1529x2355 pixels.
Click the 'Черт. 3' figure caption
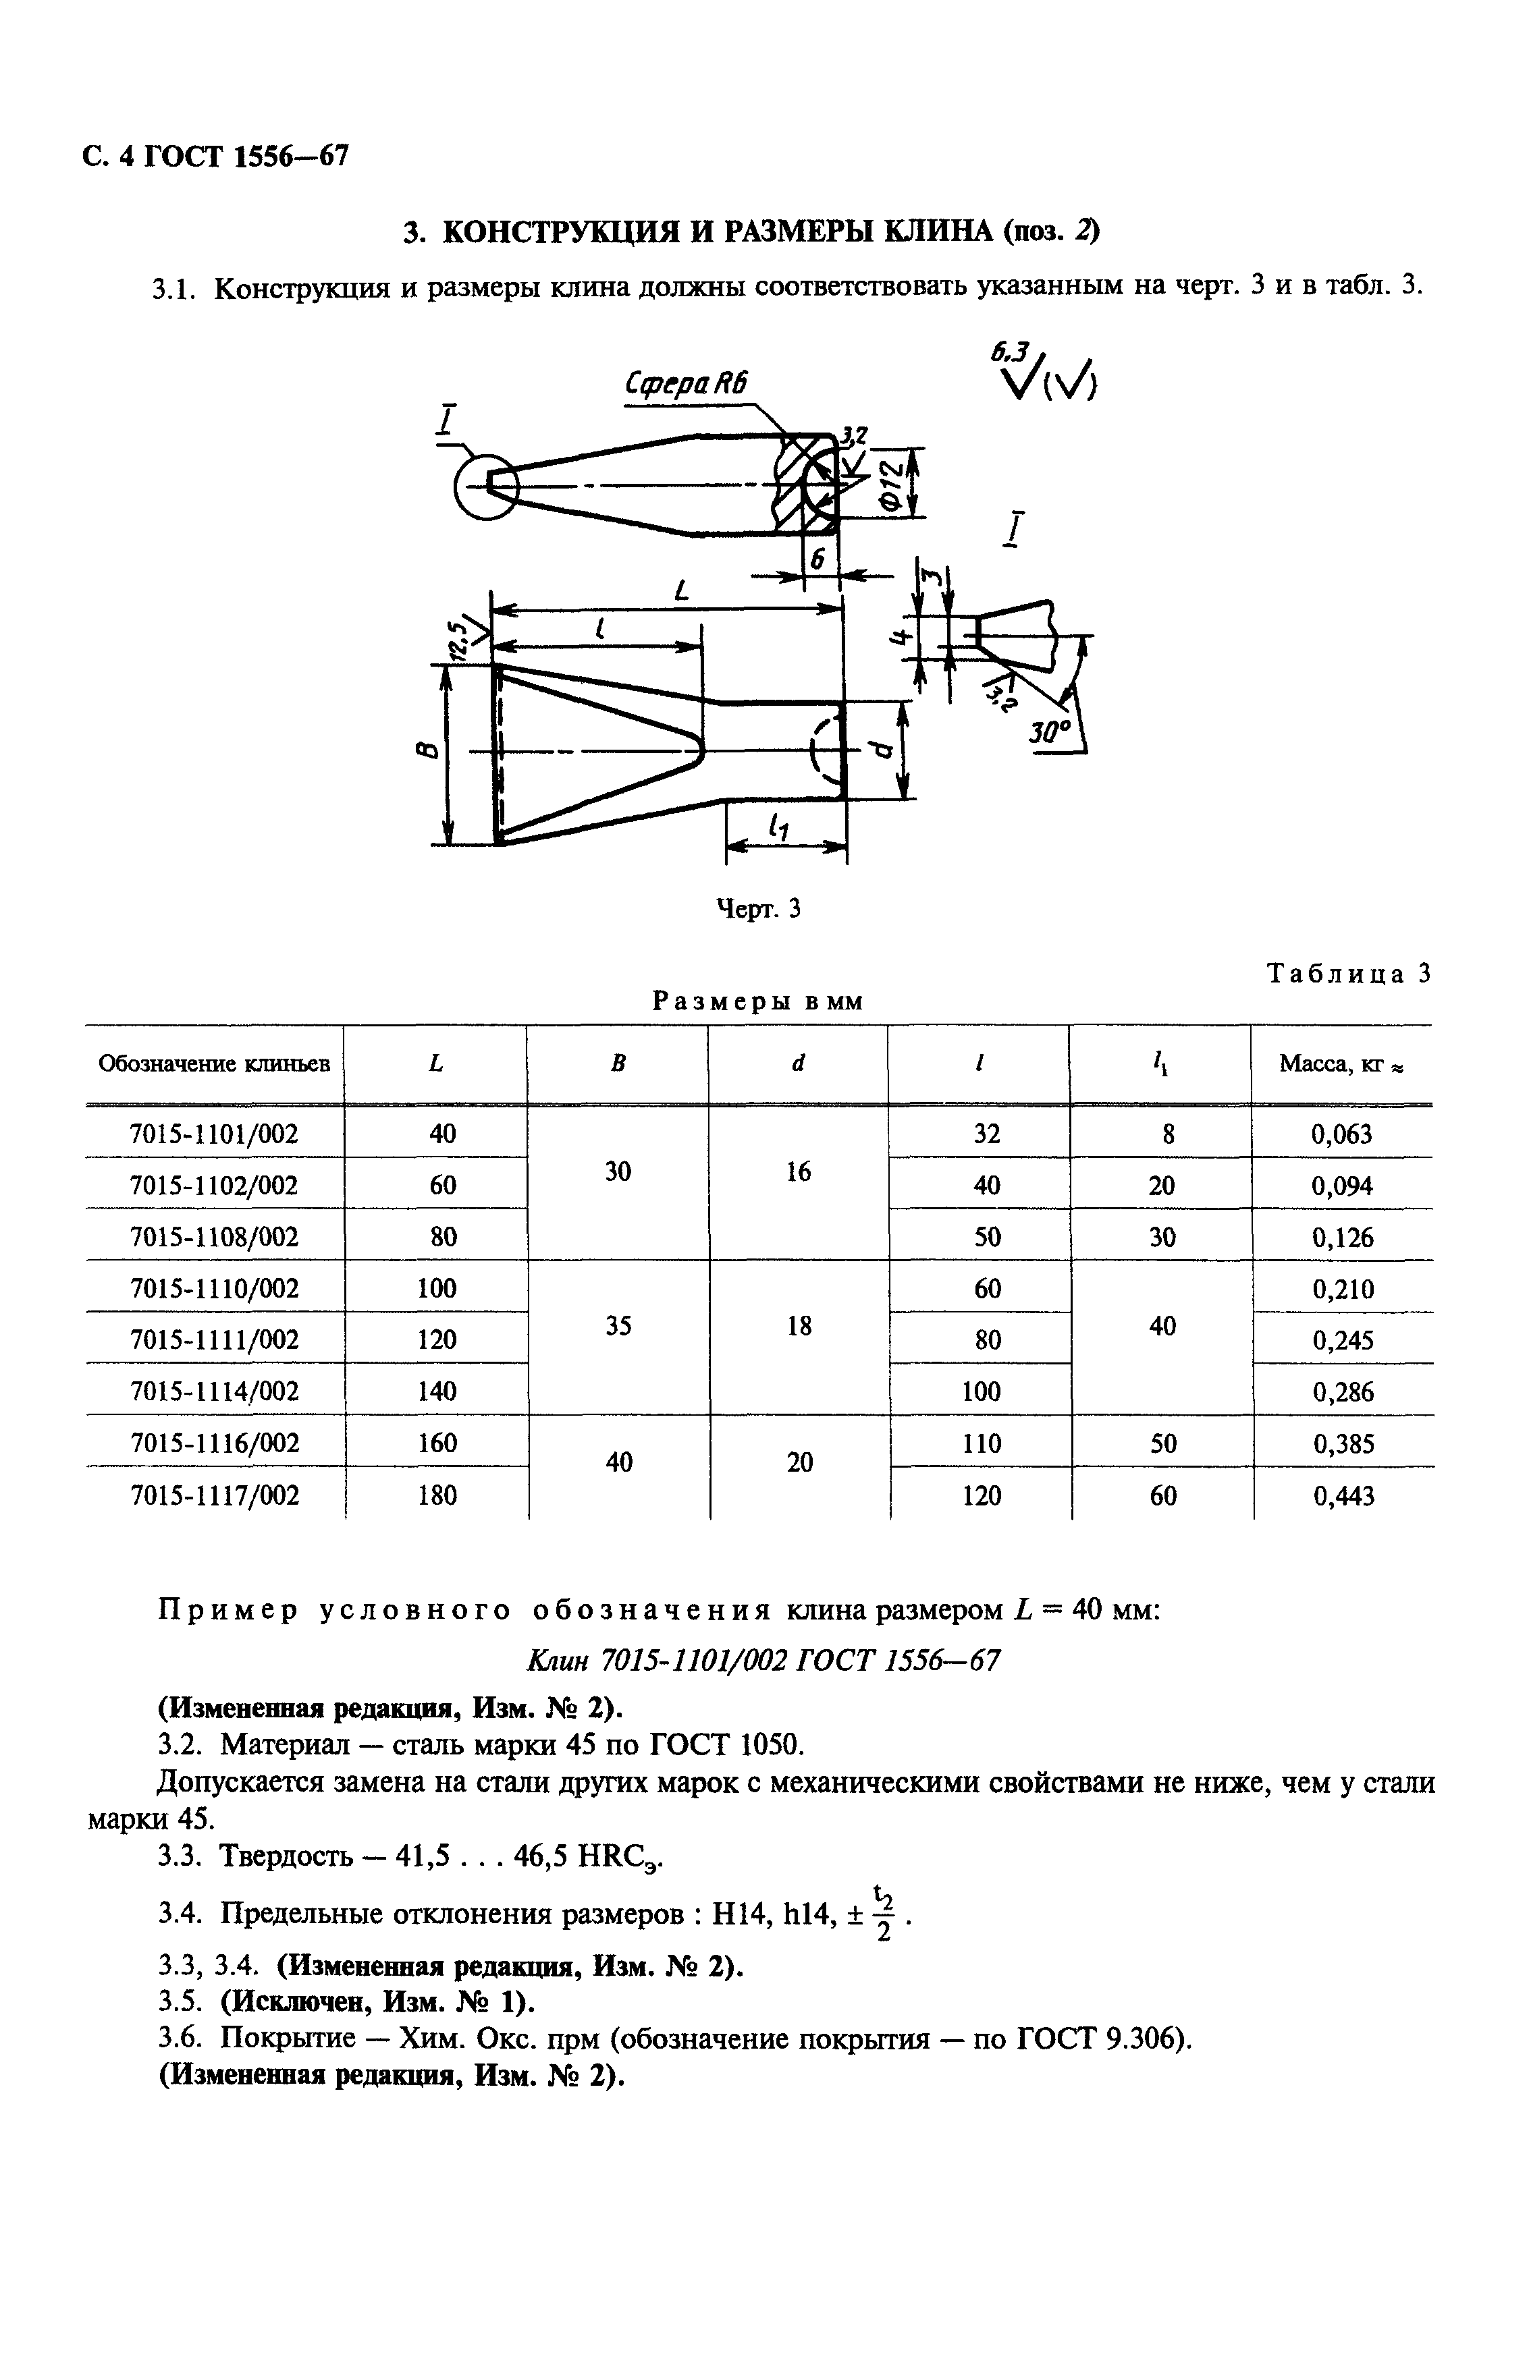point(758,908)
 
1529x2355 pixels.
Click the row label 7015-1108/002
point(214,1237)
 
